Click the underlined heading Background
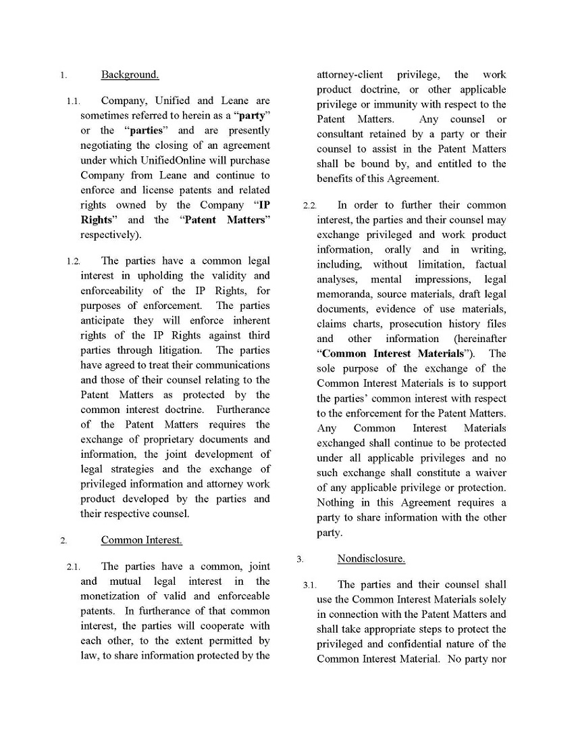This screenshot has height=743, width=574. click(130, 74)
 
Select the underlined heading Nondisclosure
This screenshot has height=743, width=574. click(371, 558)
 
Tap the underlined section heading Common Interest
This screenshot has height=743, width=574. click(141, 540)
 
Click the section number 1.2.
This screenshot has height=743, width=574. click(74, 261)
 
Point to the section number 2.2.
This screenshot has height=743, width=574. click(310, 206)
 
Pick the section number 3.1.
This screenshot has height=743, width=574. click(310, 585)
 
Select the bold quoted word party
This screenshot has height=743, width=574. click(251, 116)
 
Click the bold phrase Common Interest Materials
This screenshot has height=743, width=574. click(393, 354)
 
